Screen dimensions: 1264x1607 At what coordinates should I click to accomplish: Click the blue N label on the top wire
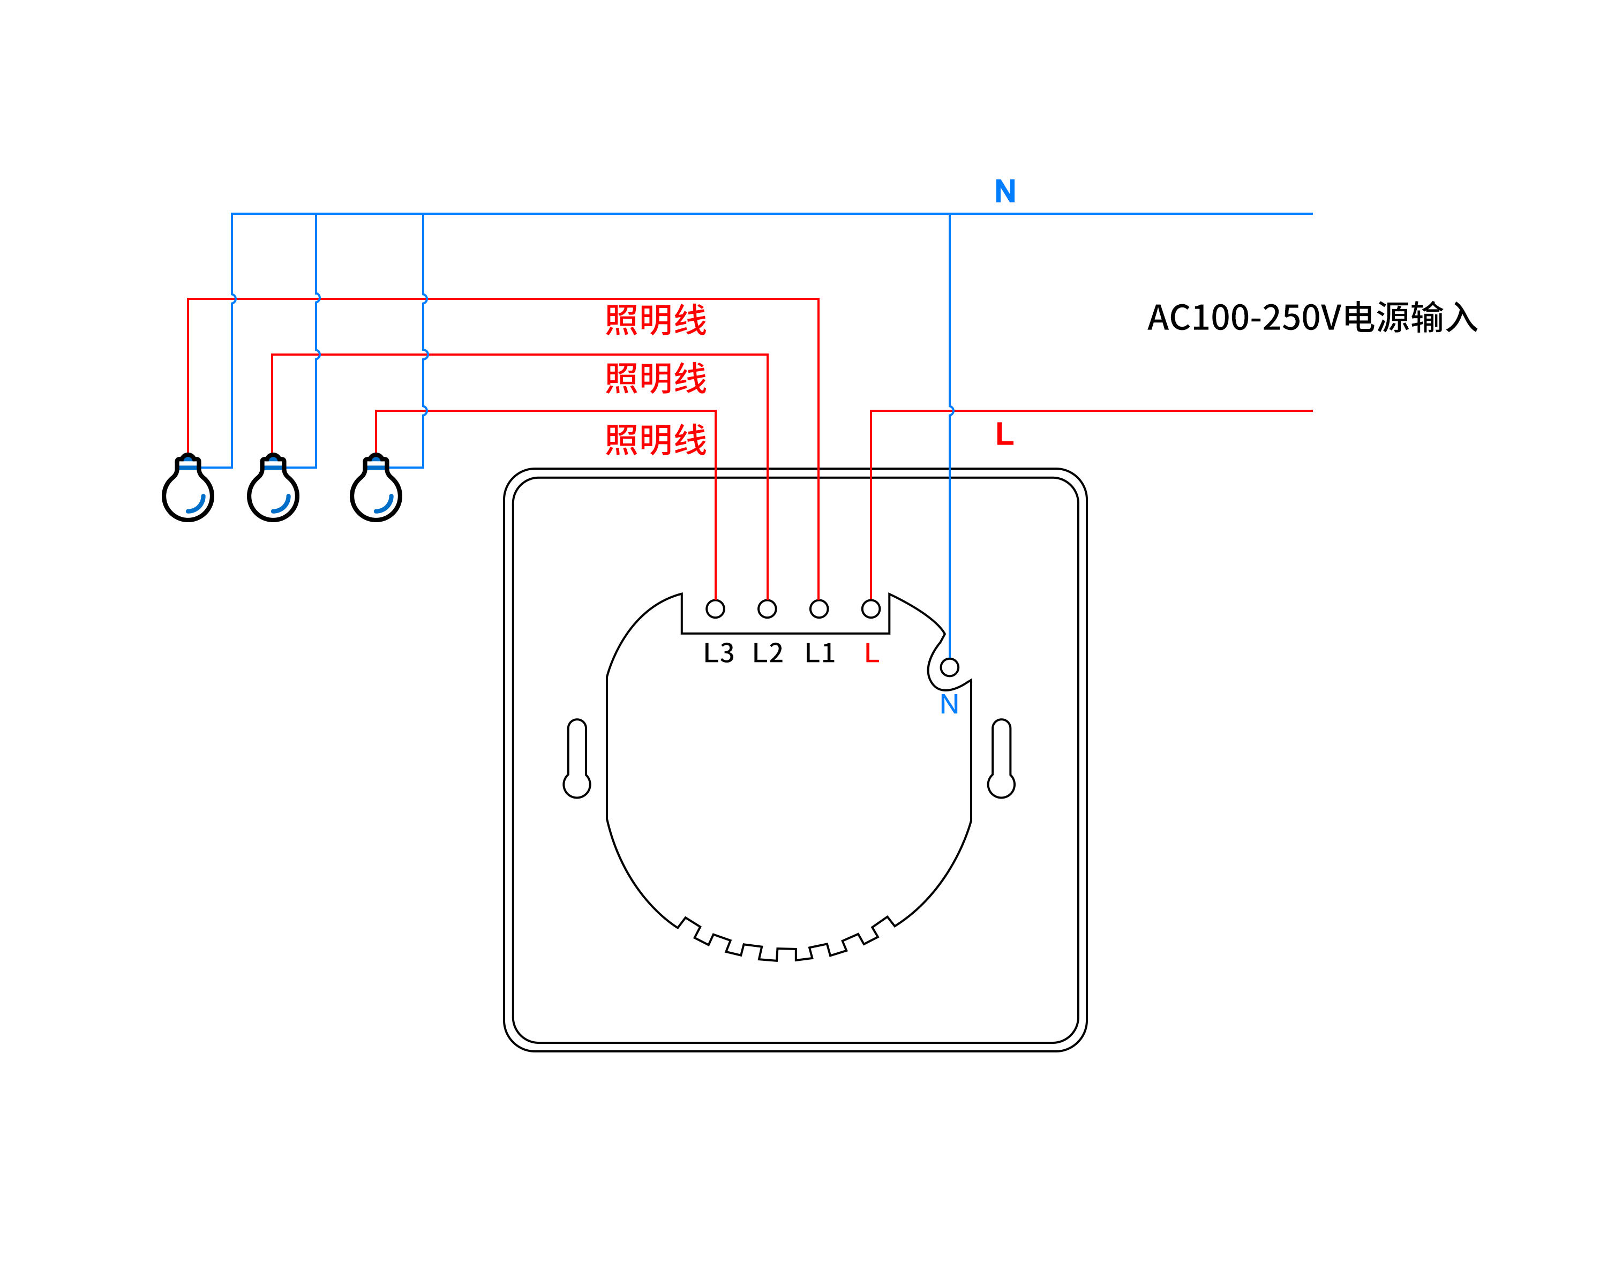click(x=1004, y=192)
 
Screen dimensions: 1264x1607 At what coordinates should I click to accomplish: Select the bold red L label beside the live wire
click(x=1004, y=434)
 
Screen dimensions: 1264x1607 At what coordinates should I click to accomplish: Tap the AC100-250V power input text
click(x=1312, y=318)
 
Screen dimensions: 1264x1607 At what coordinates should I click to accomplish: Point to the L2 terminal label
click(x=768, y=653)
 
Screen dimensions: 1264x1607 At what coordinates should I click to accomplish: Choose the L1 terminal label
click(x=820, y=653)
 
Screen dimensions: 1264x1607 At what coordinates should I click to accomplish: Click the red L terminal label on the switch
click(x=872, y=653)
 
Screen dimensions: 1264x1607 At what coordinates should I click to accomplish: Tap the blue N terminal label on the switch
click(x=949, y=704)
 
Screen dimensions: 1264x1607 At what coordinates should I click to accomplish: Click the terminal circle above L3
click(x=715, y=609)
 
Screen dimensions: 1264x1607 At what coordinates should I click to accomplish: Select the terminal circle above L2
click(x=767, y=609)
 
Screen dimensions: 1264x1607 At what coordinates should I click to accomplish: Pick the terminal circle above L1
click(x=818, y=609)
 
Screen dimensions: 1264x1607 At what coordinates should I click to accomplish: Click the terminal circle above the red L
click(x=870, y=609)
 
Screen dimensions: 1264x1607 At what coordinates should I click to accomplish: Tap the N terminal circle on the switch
click(x=949, y=667)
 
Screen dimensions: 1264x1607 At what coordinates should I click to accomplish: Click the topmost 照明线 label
click(x=656, y=320)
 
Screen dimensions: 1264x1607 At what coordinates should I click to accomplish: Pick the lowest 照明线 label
click(x=656, y=440)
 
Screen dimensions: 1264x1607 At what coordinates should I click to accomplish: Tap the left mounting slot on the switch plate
click(x=576, y=758)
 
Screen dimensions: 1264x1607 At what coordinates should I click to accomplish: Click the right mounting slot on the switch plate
click(x=1001, y=758)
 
